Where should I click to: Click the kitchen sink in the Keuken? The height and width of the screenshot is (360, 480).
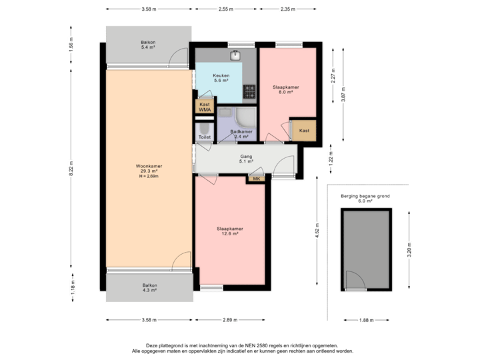(x=235, y=55)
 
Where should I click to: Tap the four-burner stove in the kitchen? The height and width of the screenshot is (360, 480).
(x=250, y=91)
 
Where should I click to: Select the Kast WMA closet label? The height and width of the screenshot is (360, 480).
(x=205, y=107)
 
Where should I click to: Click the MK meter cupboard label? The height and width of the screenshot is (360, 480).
(x=257, y=179)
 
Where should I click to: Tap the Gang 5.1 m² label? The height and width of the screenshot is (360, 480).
(x=246, y=159)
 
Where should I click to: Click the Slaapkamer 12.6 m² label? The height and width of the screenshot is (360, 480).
(x=230, y=231)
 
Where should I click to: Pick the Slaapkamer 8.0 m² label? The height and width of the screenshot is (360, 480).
(x=286, y=89)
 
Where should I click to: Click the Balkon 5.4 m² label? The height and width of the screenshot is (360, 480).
(x=148, y=44)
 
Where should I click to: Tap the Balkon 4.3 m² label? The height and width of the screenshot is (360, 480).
(x=148, y=288)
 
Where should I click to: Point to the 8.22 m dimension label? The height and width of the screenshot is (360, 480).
(x=70, y=171)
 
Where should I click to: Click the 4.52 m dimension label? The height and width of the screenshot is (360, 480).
(x=317, y=230)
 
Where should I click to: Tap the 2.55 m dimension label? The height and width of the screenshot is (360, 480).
(x=225, y=9)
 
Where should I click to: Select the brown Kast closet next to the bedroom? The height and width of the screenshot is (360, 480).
(x=304, y=130)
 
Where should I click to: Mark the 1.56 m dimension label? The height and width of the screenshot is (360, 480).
(x=70, y=44)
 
